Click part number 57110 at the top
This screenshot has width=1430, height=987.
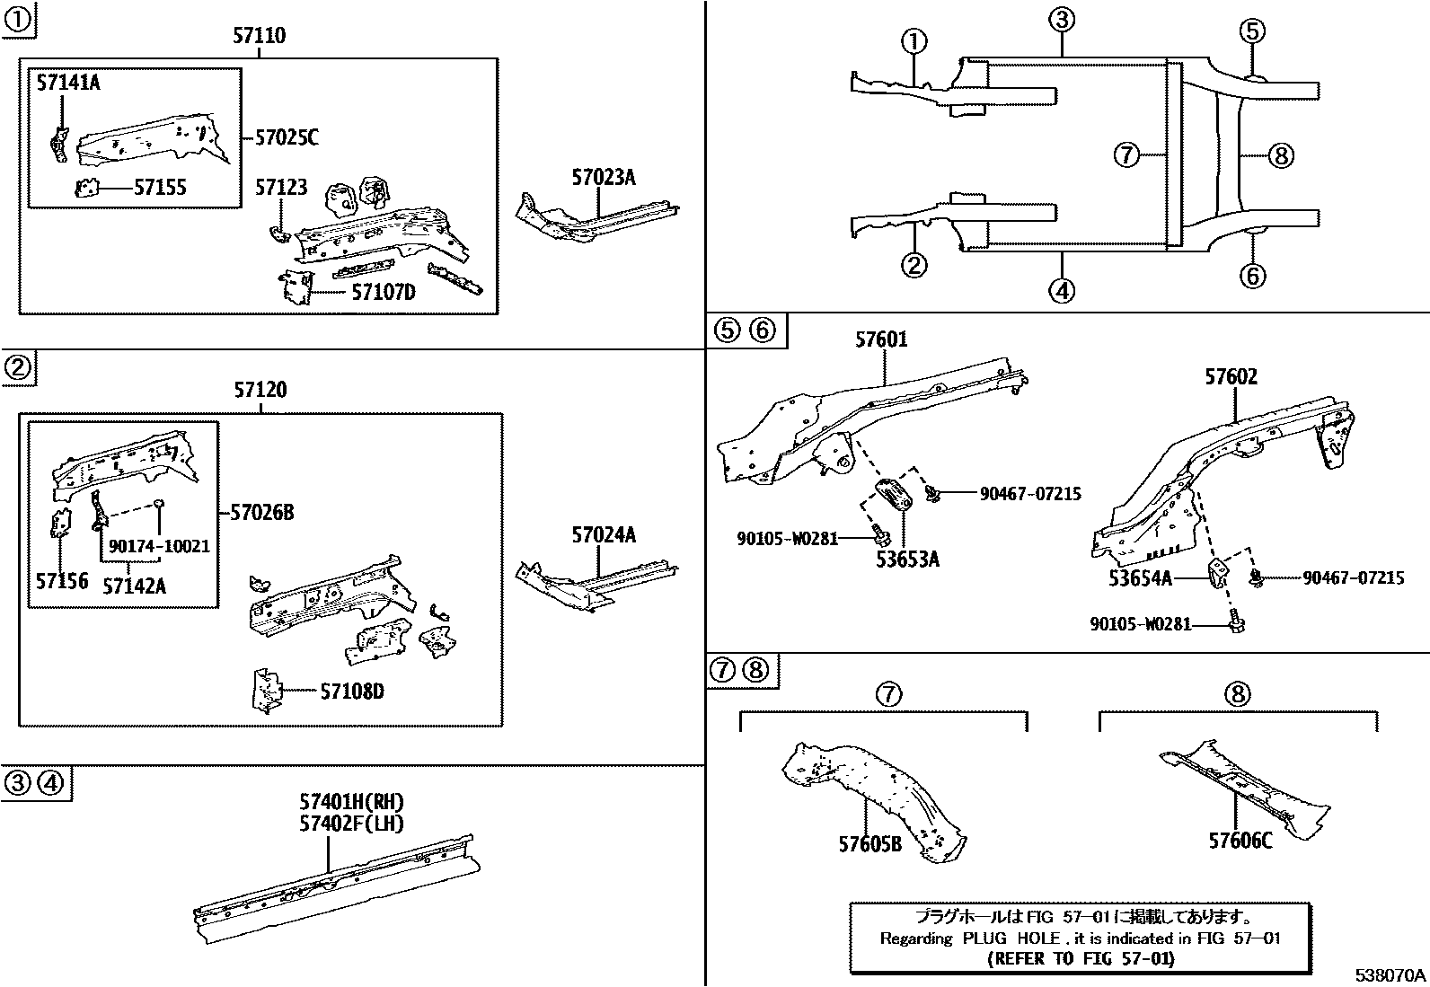coord(260,36)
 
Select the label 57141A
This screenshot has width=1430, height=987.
coord(68,84)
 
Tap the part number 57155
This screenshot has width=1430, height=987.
coord(160,187)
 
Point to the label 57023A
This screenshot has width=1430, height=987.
coord(604,177)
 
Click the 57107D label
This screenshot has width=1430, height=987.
coord(383,291)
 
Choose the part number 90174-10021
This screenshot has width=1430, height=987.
coord(159,546)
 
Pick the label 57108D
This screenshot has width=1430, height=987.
coord(352,692)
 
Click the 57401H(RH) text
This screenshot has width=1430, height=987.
coord(351,803)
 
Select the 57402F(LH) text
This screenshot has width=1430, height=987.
coord(351,823)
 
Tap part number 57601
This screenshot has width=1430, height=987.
coord(881,339)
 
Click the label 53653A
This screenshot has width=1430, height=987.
coord(908,560)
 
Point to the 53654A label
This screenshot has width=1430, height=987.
coord(1140,578)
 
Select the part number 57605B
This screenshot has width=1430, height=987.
coord(869,844)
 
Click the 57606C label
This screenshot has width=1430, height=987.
coord(1240,842)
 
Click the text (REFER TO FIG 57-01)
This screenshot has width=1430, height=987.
coord(1081,958)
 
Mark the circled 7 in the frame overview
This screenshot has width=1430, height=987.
coord(1125,155)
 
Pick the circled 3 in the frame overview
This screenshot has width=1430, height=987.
coord(1061,20)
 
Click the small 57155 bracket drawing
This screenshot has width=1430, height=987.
coord(87,188)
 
